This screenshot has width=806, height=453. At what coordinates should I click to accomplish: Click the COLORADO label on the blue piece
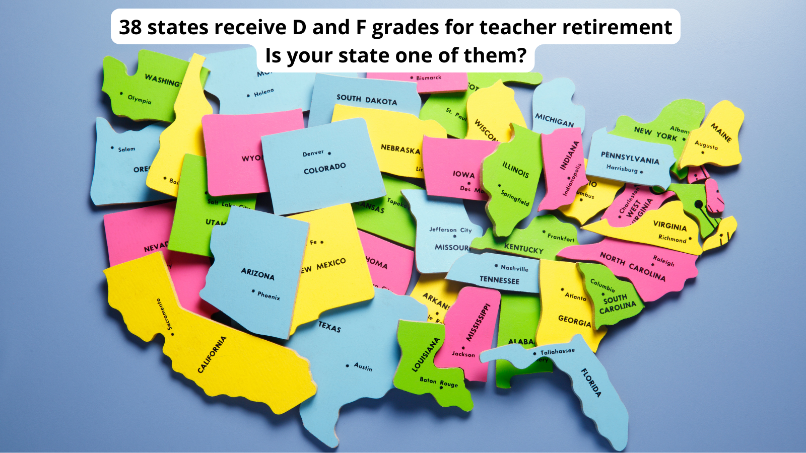point(324,168)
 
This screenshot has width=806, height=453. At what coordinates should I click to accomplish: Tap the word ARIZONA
point(257,274)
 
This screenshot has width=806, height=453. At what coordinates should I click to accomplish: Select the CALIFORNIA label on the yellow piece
point(212,354)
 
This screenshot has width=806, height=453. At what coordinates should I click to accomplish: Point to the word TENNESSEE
point(499,280)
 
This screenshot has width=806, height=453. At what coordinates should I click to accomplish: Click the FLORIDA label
point(591,383)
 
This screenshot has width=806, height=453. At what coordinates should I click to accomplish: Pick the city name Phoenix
point(268,295)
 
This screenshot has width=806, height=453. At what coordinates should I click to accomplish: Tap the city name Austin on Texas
point(363,367)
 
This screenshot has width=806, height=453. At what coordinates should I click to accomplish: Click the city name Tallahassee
point(557,351)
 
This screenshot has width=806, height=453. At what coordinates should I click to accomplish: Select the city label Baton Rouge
point(439,382)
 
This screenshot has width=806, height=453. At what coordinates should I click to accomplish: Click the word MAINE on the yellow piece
point(721,132)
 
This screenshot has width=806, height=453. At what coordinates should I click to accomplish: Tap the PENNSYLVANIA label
point(630,158)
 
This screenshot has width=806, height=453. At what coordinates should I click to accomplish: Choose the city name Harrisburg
point(622,169)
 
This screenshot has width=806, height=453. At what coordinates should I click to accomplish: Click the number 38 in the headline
point(130,27)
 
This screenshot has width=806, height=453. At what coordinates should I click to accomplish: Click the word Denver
point(313,153)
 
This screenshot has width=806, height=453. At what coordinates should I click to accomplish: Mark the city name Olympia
point(139,99)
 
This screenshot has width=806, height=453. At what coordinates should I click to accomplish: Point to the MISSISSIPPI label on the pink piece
point(478,322)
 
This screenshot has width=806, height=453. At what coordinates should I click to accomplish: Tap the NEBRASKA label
point(400,149)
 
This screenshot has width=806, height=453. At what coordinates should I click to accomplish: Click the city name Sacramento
point(164,315)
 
